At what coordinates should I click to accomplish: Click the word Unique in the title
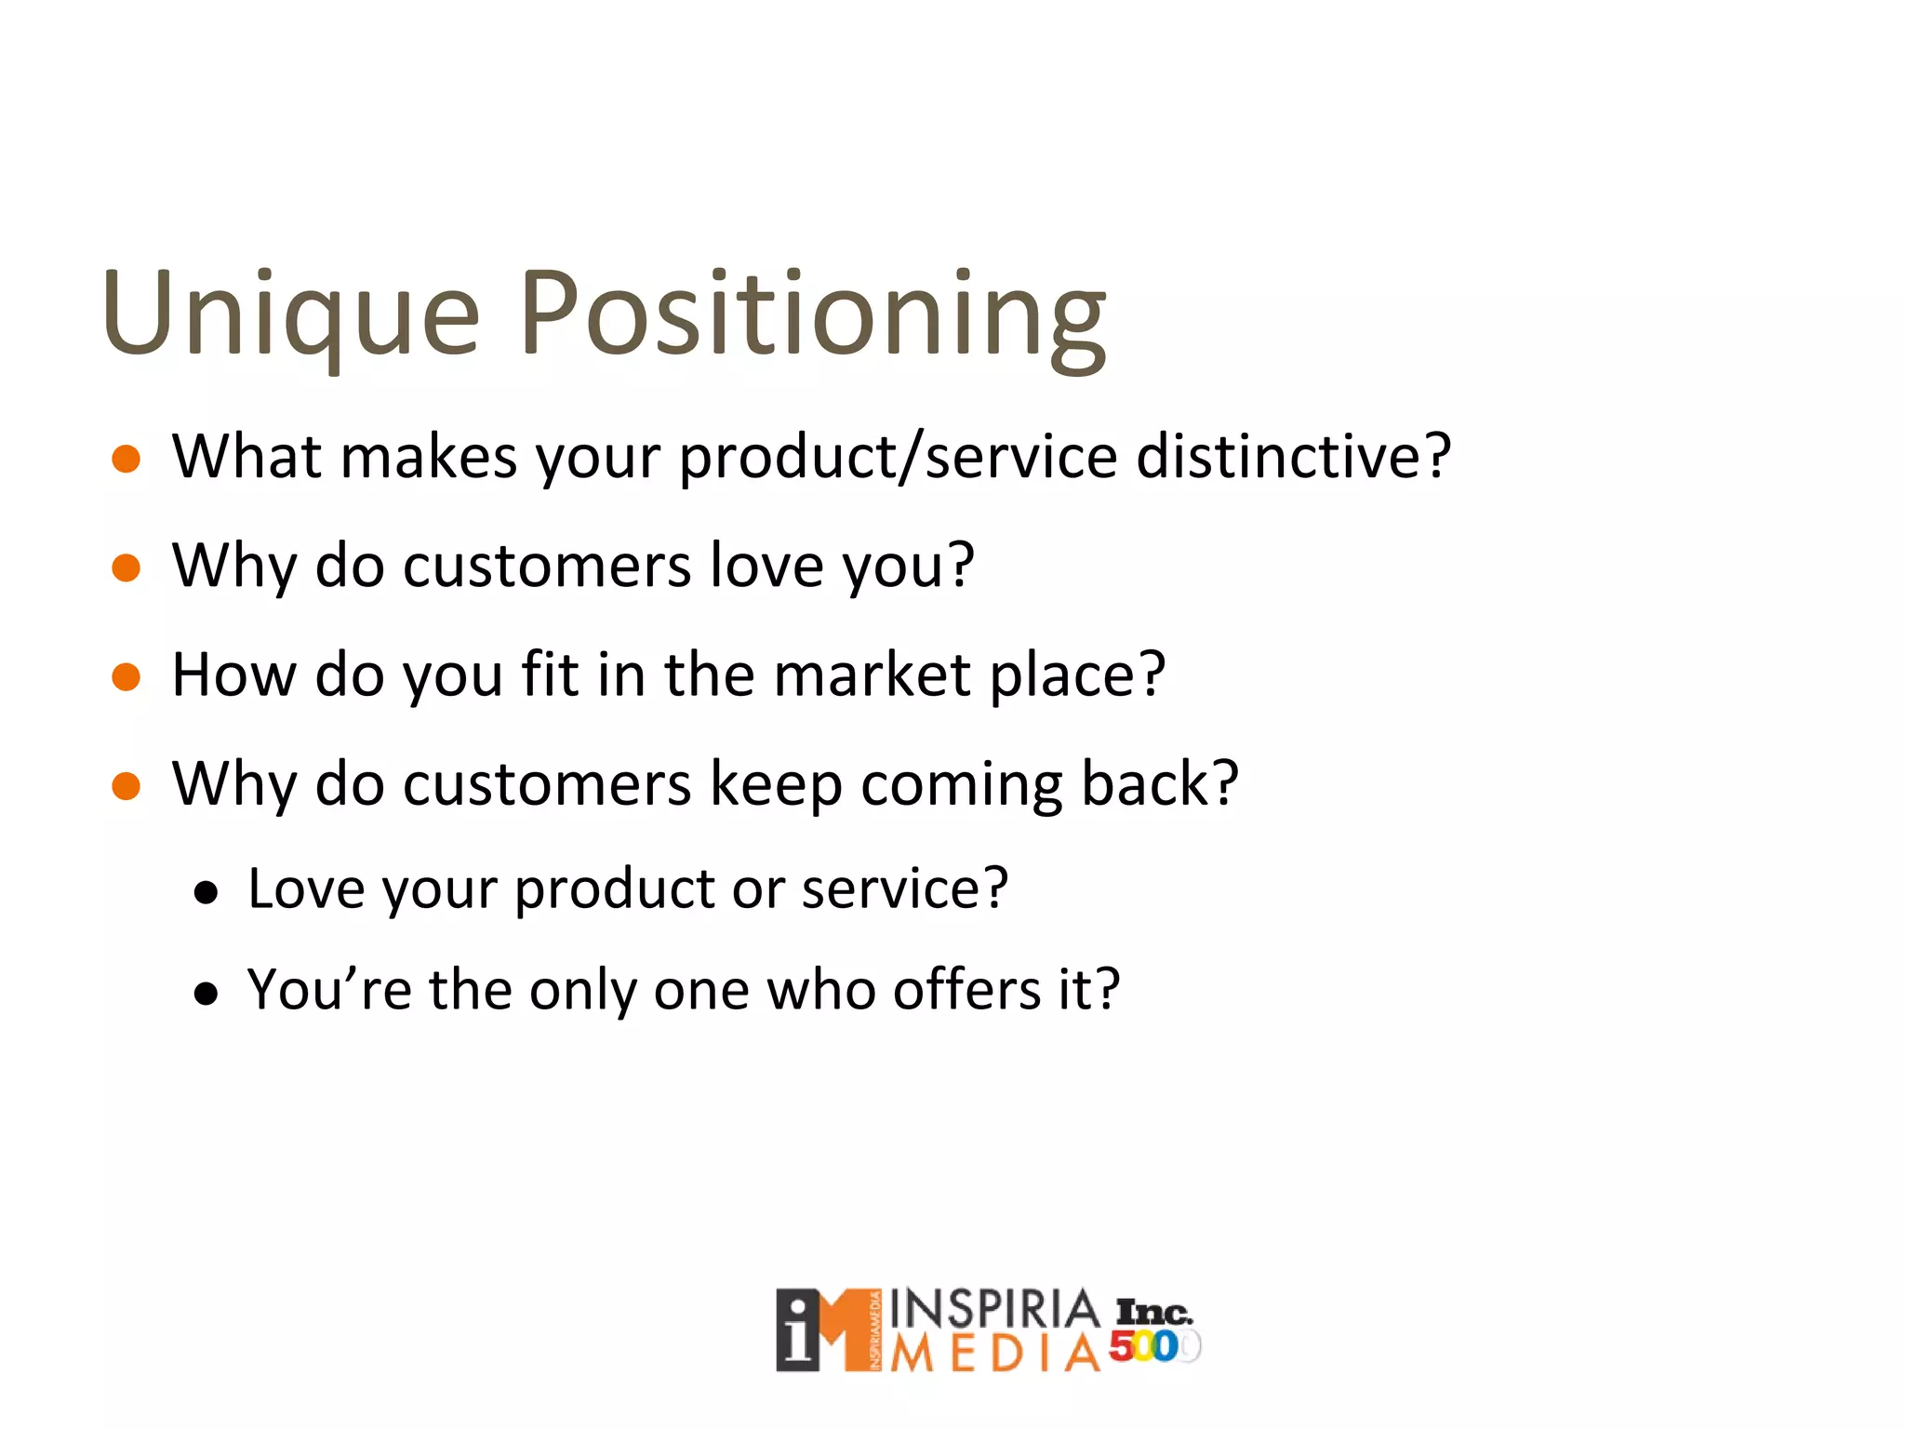point(290,314)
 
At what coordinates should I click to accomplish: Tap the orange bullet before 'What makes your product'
point(126,459)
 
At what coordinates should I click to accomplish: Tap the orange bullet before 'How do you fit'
point(126,676)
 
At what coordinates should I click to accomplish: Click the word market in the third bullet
point(872,674)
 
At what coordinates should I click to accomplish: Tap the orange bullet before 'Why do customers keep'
point(126,786)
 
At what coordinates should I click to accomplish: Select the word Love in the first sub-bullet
point(306,888)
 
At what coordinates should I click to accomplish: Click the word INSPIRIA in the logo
point(994,1310)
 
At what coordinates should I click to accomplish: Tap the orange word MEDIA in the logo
point(994,1354)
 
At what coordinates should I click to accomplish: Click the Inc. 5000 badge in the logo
point(1153,1330)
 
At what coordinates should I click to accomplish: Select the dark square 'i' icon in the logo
point(798,1330)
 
